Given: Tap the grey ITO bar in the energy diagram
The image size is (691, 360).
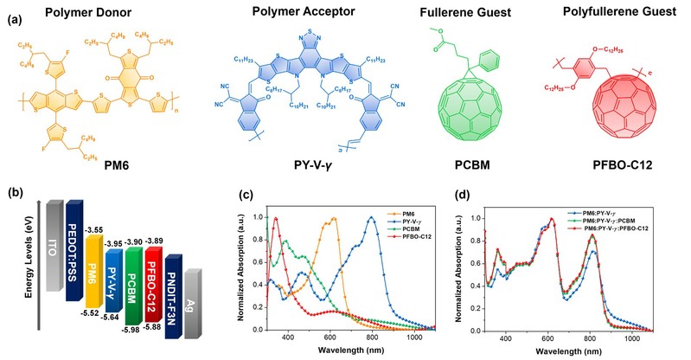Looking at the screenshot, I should click(53, 251).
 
